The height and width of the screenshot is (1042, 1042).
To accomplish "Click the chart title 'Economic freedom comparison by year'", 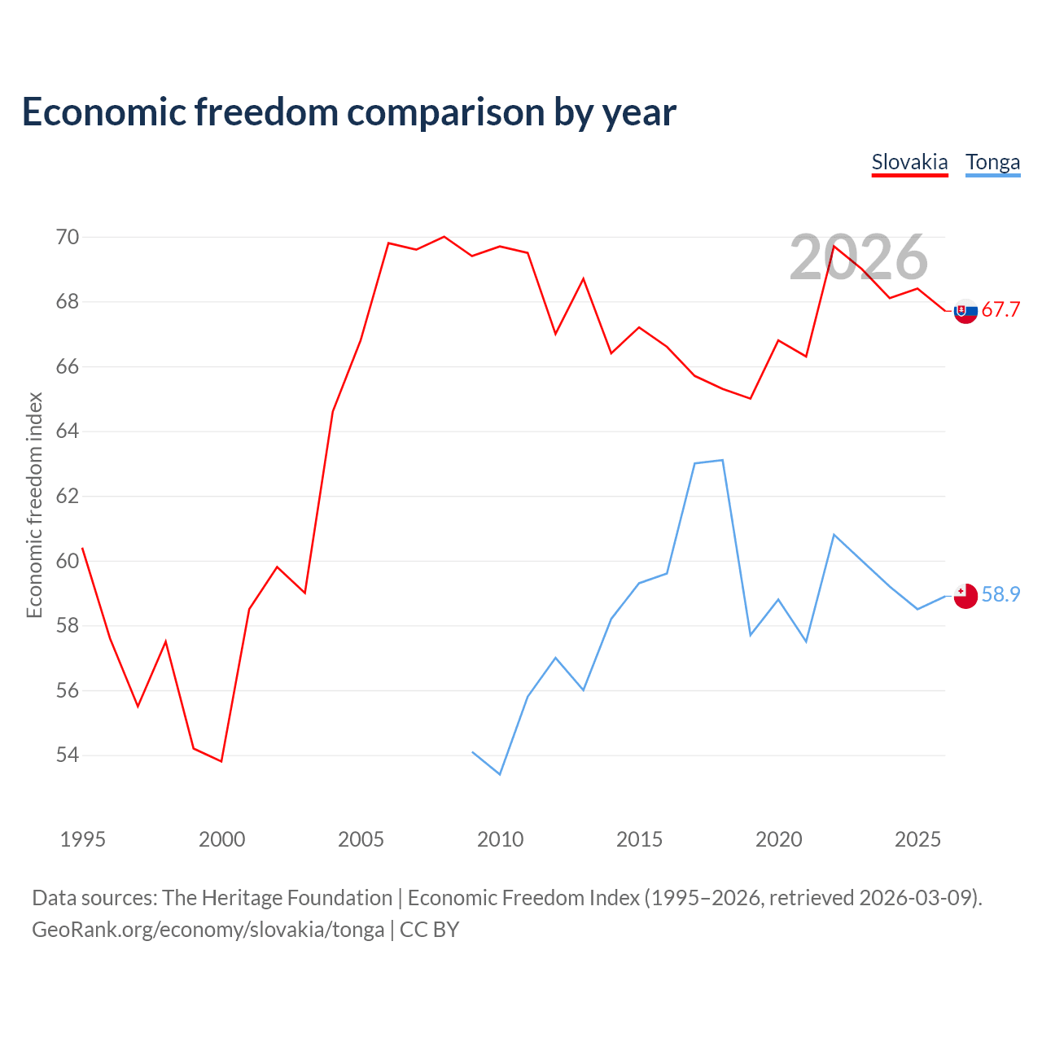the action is [x=348, y=112].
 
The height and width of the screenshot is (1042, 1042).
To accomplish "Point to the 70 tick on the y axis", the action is [x=67, y=237].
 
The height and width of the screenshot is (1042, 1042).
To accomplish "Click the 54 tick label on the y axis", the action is [x=67, y=755].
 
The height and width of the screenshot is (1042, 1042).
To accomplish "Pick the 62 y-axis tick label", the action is [x=67, y=496].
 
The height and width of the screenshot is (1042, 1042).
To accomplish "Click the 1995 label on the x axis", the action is [x=83, y=839].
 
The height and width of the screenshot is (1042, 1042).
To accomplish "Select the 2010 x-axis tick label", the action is [x=500, y=839].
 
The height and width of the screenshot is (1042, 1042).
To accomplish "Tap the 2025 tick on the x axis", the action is [x=917, y=839].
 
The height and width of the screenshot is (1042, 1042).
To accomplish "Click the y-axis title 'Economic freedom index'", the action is [x=35, y=505].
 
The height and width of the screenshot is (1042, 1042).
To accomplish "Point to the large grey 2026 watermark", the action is [x=858, y=257].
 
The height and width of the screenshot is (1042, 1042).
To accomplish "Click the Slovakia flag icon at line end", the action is [x=965, y=311].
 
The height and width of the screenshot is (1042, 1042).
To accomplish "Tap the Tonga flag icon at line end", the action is [x=965, y=596].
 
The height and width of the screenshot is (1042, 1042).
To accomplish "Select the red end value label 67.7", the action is [x=1000, y=310].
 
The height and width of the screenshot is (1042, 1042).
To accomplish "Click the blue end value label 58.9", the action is [x=1000, y=595].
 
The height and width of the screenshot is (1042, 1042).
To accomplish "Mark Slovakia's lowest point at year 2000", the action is [x=221, y=761].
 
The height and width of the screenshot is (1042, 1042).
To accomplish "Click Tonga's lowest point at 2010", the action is [x=500, y=774].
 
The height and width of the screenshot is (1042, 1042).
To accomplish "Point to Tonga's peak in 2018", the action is [x=722, y=460].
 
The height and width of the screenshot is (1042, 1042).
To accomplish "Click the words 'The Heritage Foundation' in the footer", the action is [x=278, y=898].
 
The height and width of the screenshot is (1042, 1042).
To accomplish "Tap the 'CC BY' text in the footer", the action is [x=429, y=930].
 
